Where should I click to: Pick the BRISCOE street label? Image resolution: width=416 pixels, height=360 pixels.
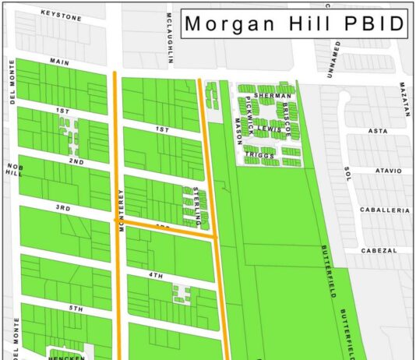[x=286, y=120]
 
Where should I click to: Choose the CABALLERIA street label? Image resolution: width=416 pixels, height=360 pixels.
[x=384, y=210]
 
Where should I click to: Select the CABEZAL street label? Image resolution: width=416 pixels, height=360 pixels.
[x=379, y=250]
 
